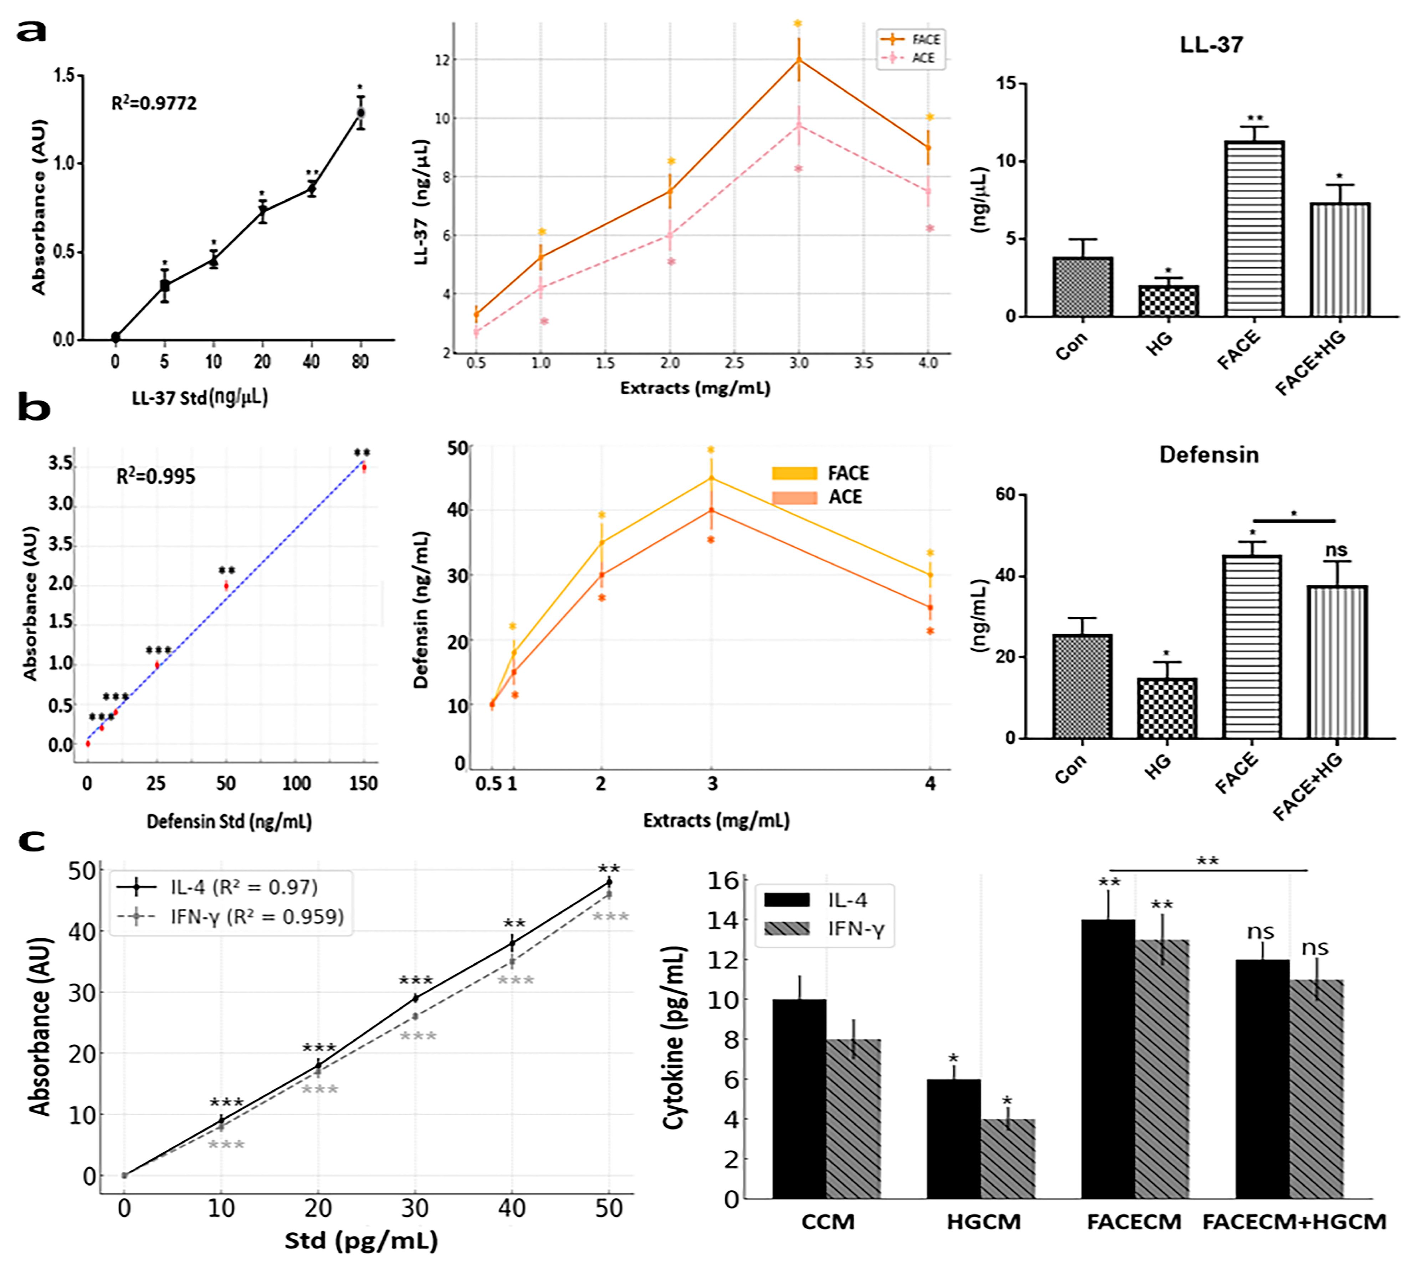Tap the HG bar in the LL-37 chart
tap(1168, 301)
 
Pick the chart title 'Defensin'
tap(1208, 455)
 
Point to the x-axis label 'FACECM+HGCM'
tap(1294, 1222)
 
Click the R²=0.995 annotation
tap(155, 477)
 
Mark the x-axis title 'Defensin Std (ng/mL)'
tap(229, 821)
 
